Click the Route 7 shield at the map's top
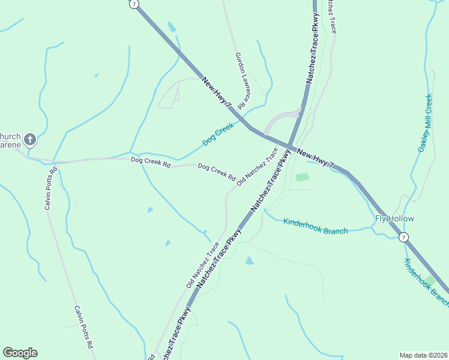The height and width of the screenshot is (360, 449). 134,4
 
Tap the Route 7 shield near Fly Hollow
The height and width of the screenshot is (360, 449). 404,238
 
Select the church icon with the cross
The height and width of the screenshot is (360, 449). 30,140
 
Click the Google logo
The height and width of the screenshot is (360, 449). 20,353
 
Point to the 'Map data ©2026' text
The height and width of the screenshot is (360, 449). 424,355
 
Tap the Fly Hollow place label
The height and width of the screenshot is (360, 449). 394,218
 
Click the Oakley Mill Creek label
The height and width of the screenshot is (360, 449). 425,123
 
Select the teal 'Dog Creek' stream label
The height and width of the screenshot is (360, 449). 217,134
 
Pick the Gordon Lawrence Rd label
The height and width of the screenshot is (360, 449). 241,80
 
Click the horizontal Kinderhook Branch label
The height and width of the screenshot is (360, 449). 315,226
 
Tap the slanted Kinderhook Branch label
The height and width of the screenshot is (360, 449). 426,282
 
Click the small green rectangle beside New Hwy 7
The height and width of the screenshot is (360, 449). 302,177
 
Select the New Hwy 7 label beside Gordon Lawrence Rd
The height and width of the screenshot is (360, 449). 217,92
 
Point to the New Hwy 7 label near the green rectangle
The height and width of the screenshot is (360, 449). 315,160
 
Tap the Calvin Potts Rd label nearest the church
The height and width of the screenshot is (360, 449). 50,188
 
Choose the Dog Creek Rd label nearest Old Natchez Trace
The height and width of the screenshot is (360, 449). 216,172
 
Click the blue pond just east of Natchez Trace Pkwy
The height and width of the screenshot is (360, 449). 249,260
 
